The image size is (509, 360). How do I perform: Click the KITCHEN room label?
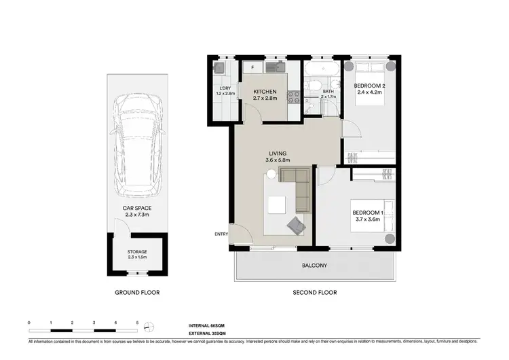265,91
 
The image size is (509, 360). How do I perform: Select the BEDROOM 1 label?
369,213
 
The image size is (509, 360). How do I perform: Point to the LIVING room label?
278,154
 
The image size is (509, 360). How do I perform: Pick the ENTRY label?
221,234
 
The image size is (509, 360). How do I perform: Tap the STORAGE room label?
137,252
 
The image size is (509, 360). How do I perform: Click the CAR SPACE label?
136,208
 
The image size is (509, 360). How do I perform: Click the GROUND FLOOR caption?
136,293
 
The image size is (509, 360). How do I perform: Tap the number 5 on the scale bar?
137,323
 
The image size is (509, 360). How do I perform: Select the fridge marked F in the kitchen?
252,68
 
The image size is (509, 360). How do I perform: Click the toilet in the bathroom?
314,86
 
